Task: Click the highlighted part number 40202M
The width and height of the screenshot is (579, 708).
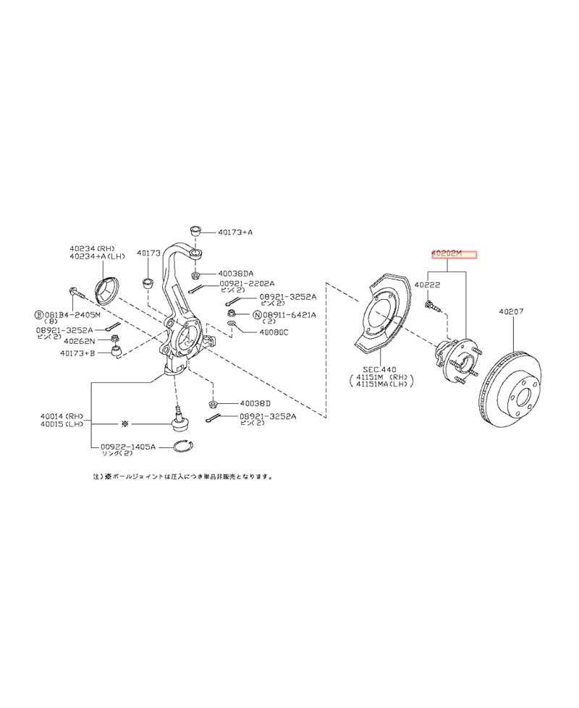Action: pyautogui.click(x=454, y=255)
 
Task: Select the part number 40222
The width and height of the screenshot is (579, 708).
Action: pyautogui.click(x=428, y=286)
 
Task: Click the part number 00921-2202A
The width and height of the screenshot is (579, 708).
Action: pyautogui.click(x=248, y=285)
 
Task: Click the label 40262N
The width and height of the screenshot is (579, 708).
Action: pyautogui.click(x=80, y=340)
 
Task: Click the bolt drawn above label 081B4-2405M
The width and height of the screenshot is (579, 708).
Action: pyautogui.click(x=77, y=292)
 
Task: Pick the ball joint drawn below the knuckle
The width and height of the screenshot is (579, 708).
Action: pyautogui.click(x=179, y=418)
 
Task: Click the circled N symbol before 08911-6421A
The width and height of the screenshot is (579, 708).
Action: pyautogui.click(x=257, y=315)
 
